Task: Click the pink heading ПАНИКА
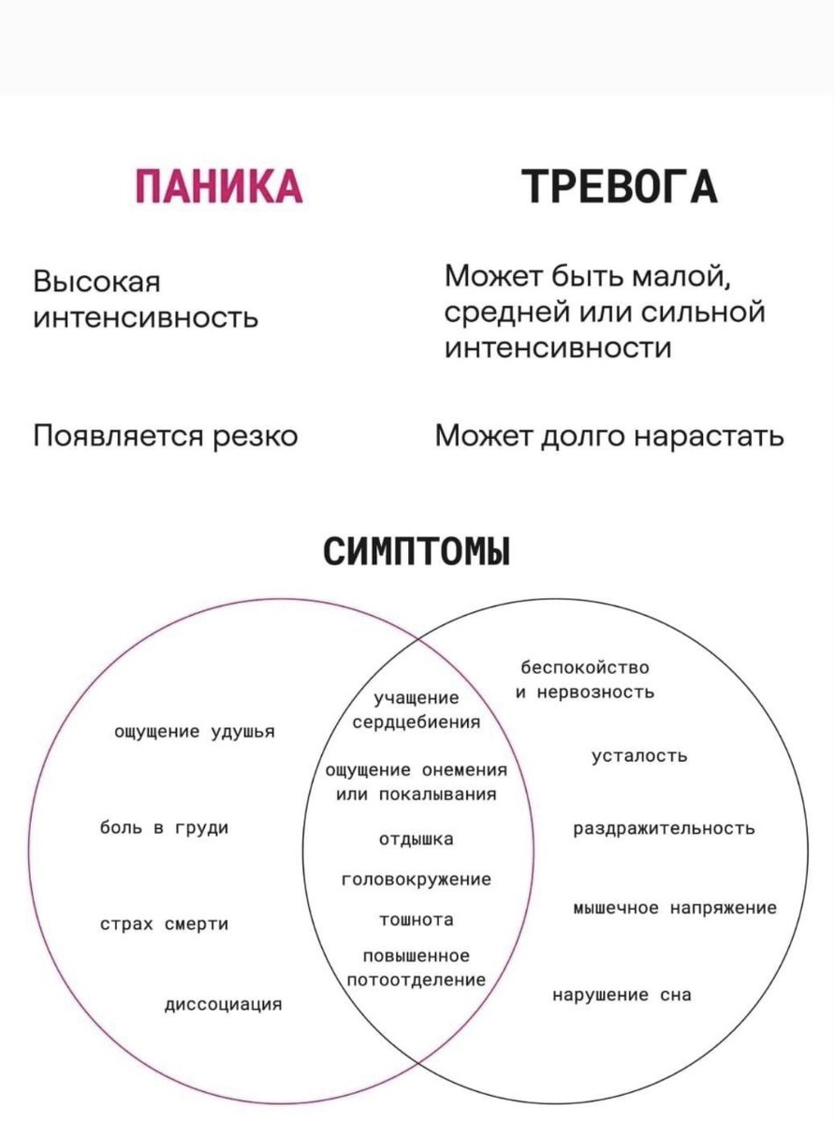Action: pyautogui.click(x=218, y=185)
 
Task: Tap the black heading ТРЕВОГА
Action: pyautogui.click(x=620, y=185)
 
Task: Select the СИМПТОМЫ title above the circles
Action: pyautogui.click(x=417, y=550)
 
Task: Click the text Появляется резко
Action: pyautogui.click(x=166, y=436)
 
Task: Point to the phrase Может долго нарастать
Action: pyautogui.click(x=609, y=436)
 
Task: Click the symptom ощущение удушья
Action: pyautogui.click(x=194, y=732)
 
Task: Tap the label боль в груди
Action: pyautogui.click(x=165, y=828)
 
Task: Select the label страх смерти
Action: pyautogui.click(x=165, y=925)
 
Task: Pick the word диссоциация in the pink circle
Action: pyautogui.click(x=224, y=1005)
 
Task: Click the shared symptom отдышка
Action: pyautogui.click(x=416, y=839)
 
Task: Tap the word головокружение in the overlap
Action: pyautogui.click(x=416, y=880)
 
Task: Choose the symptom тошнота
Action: pyautogui.click(x=416, y=920)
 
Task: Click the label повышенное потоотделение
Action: pyautogui.click(x=416, y=968)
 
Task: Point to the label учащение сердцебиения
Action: pyautogui.click(x=416, y=710)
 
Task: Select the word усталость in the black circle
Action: pyautogui.click(x=639, y=756)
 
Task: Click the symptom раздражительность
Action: pyautogui.click(x=664, y=829)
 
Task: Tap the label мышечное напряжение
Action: pyautogui.click(x=674, y=908)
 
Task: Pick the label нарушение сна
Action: pyautogui.click(x=622, y=996)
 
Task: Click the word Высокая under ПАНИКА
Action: pyautogui.click(x=96, y=282)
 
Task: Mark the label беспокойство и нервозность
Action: pyautogui.click(x=584, y=680)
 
